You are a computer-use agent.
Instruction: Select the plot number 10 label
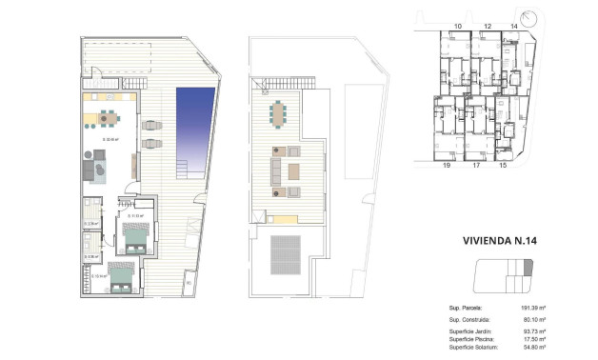tap(458, 26)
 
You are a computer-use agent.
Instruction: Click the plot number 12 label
tap(488, 26)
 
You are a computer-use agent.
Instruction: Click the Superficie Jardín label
tap(471, 331)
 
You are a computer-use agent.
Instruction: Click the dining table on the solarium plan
tap(277, 113)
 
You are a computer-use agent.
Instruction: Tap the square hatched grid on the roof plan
tap(287, 251)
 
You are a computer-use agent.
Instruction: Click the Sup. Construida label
tap(468, 321)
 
